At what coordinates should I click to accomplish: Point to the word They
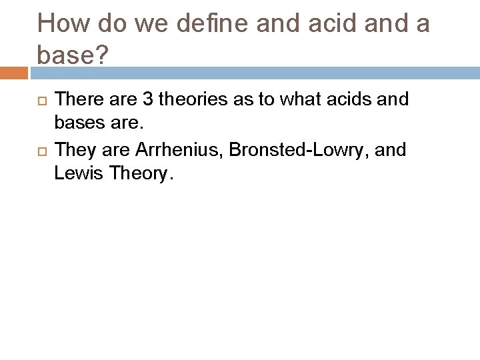tap(76, 149)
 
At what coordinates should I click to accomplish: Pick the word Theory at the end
tap(140, 174)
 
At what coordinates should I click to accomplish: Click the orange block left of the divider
tap(15, 72)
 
